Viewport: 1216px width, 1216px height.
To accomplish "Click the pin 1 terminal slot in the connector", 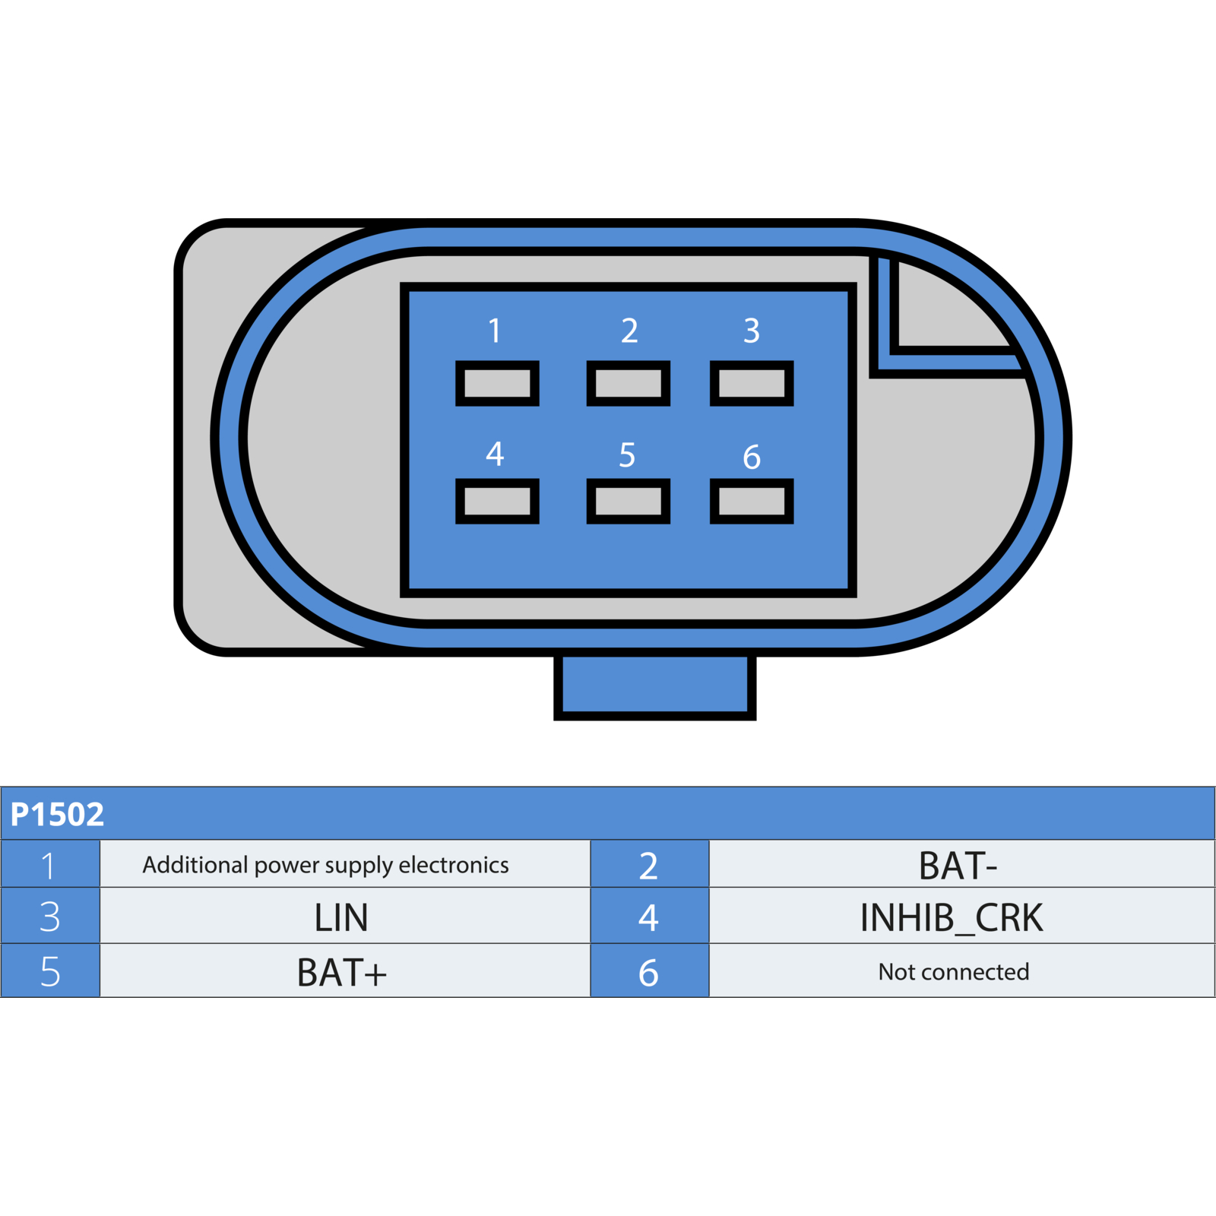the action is click(497, 383).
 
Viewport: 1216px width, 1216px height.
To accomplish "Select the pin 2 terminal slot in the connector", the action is click(629, 383).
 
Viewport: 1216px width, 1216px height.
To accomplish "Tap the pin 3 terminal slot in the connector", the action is click(752, 383).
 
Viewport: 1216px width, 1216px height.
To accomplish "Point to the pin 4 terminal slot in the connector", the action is click(497, 501).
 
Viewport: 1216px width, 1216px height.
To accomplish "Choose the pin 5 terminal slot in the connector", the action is click(629, 501).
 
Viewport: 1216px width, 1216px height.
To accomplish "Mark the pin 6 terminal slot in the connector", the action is click(752, 501).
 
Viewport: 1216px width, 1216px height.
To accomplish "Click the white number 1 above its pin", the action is click(495, 331).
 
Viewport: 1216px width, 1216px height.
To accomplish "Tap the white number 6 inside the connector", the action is click(752, 457).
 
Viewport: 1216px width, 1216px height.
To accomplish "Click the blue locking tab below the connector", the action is click(655, 686).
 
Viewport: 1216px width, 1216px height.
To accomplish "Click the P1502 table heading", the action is click(57, 814).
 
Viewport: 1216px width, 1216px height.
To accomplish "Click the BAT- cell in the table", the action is click(962, 864).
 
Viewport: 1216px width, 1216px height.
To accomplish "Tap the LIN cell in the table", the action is click(345, 916).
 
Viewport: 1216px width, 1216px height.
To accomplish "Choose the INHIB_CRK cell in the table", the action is click(962, 916).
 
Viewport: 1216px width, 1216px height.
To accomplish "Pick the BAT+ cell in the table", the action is click(345, 971).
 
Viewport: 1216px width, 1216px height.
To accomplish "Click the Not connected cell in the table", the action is click(962, 971).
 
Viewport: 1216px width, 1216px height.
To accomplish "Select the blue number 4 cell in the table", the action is click(650, 916).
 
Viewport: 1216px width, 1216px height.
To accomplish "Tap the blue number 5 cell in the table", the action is click(50, 971).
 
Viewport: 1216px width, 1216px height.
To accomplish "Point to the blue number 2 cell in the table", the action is click(650, 864).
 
